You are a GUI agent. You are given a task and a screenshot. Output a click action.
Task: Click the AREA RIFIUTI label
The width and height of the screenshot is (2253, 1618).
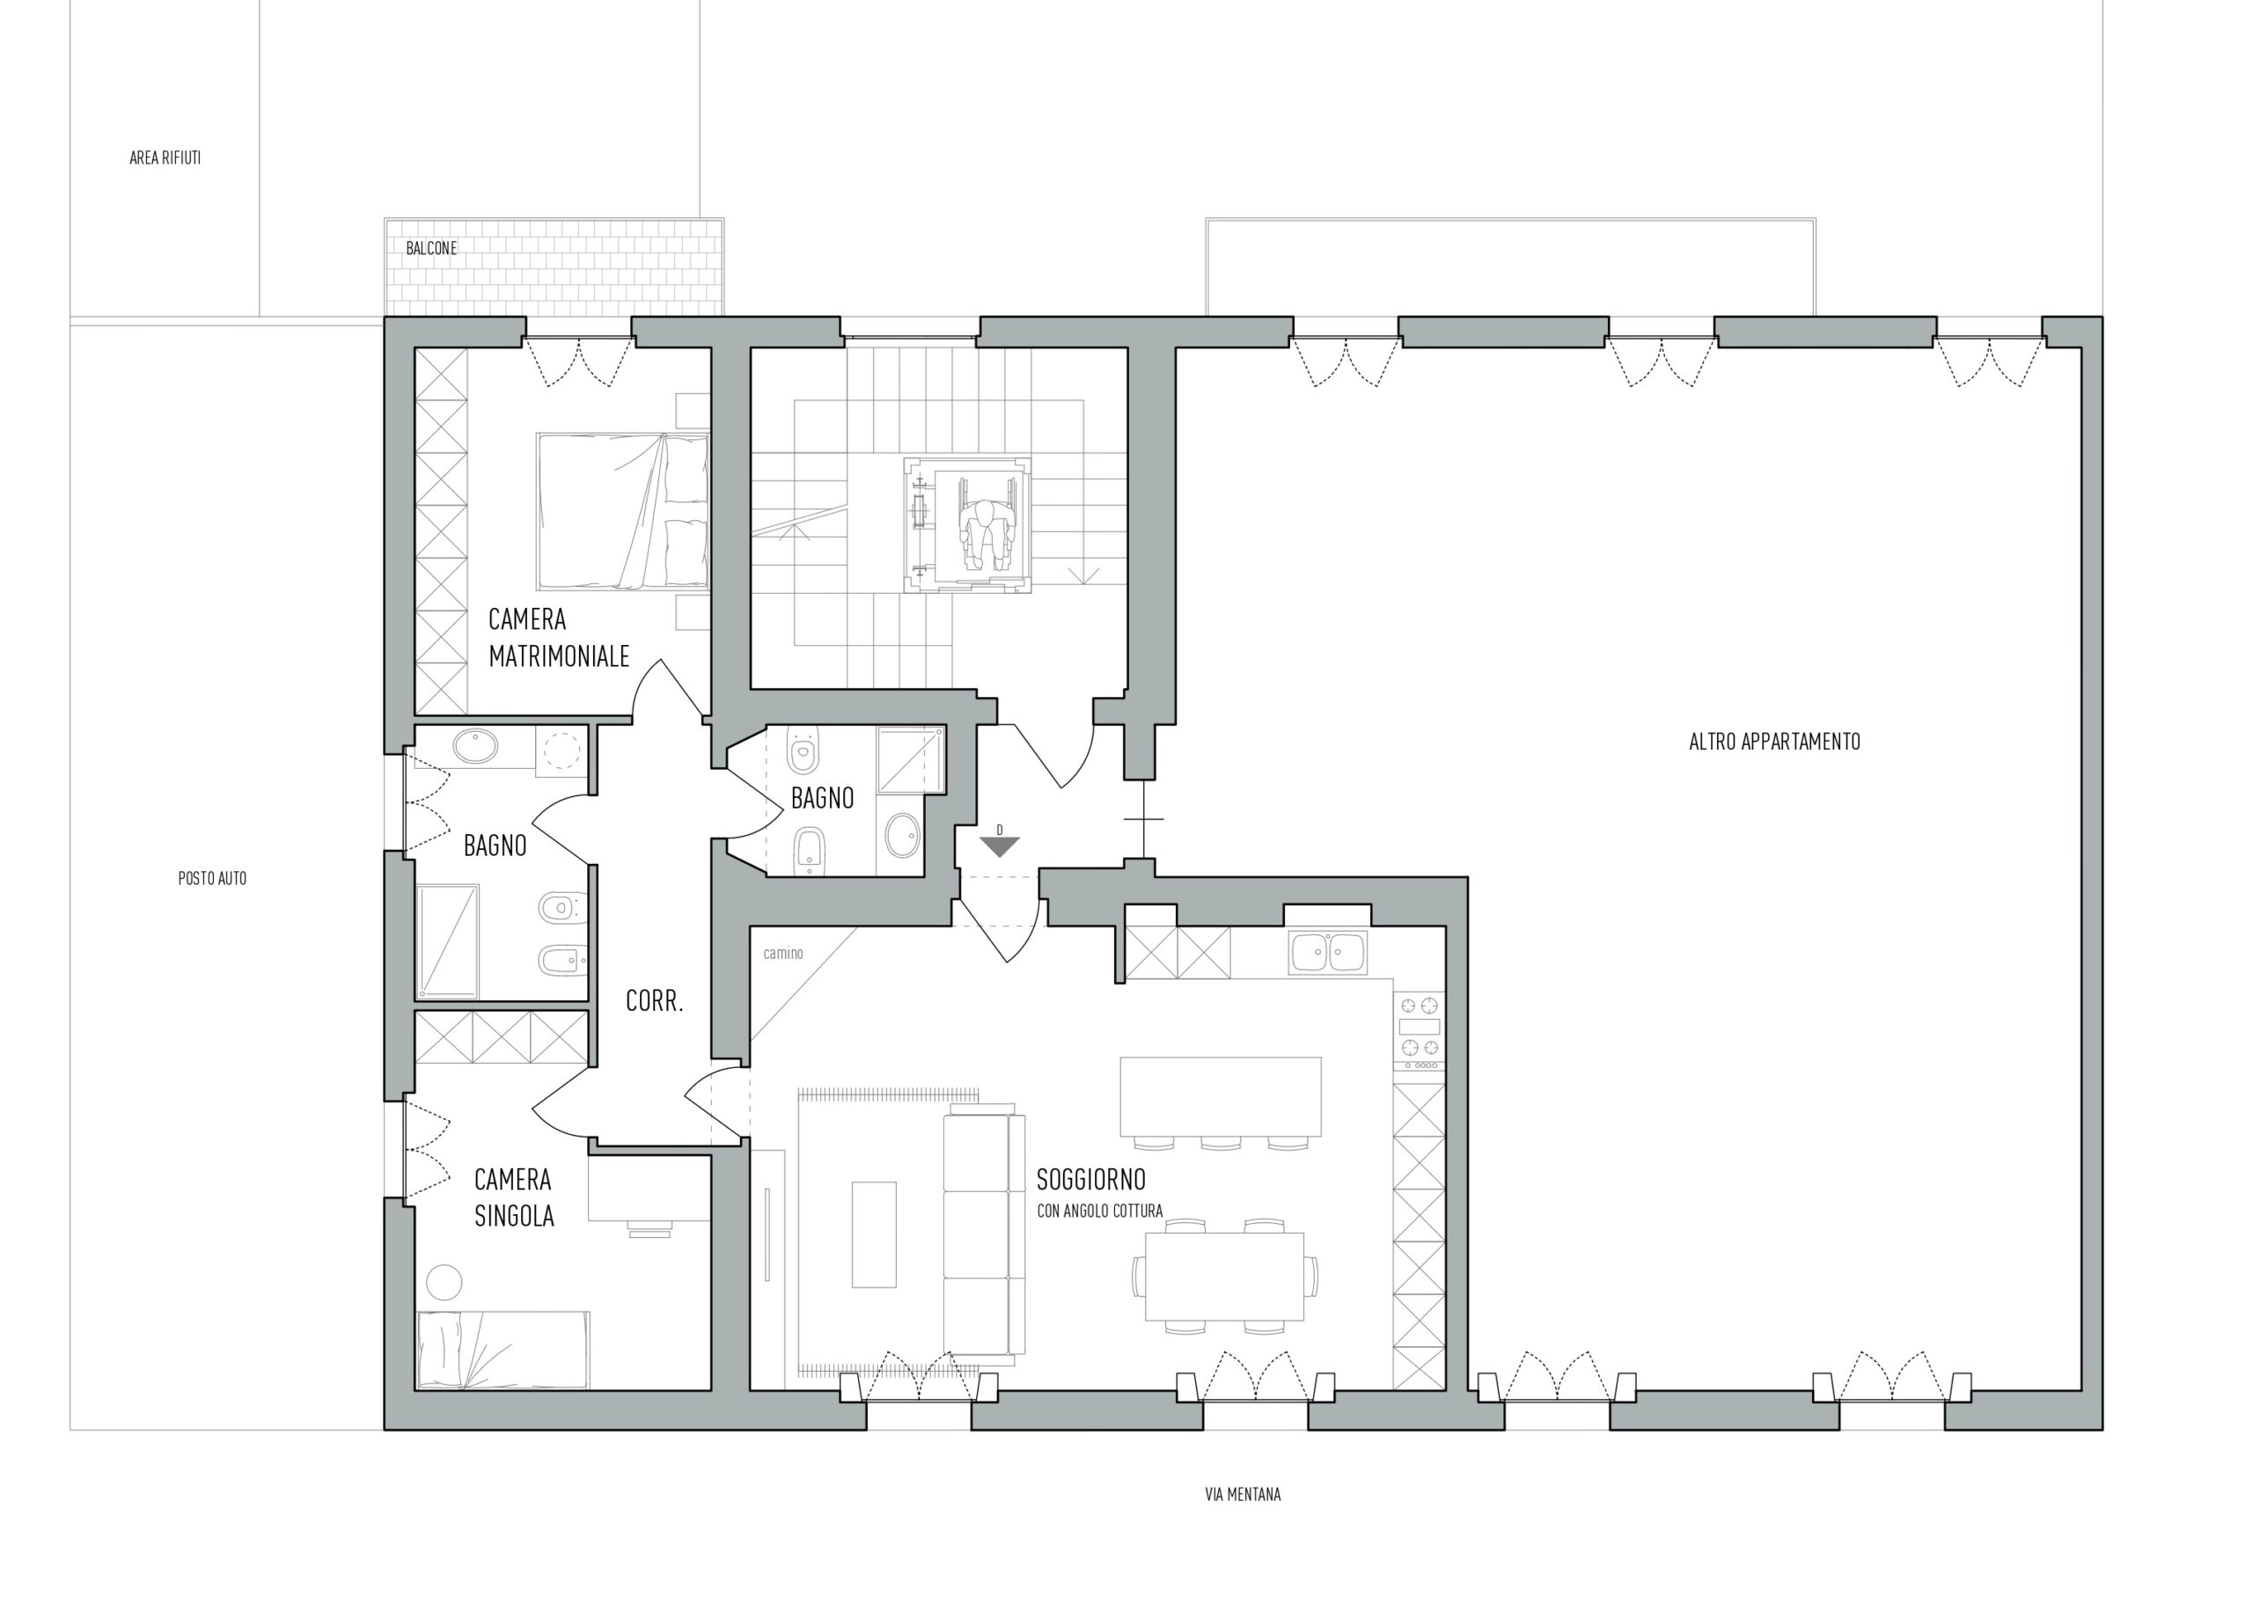(165, 157)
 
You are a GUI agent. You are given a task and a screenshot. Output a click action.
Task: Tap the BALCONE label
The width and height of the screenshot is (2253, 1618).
(431, 248)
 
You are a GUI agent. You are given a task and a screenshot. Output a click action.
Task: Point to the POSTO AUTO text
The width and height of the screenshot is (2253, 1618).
(213, 878)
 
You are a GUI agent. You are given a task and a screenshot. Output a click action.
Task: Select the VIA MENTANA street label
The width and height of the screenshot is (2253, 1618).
(1243, 1494)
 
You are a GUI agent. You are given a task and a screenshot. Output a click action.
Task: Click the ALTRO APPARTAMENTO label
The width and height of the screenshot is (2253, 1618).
(1774, 741)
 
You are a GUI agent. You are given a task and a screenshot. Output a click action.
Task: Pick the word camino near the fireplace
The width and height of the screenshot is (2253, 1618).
(782, 954)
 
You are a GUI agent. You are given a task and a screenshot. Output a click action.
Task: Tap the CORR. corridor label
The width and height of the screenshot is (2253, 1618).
(655, 1001)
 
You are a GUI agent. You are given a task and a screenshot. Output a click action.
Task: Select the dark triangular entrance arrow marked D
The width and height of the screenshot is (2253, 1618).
(1000, 846)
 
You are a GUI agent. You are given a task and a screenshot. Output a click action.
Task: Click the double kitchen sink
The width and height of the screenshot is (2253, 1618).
(1328, 953)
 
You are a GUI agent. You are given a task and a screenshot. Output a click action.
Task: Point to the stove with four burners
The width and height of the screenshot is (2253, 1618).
(1420, 1030)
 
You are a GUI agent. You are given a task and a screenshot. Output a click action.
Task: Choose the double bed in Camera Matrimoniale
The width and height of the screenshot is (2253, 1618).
(622, 511)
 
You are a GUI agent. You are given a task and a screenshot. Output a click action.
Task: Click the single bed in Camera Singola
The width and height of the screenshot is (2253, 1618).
(503, 1349)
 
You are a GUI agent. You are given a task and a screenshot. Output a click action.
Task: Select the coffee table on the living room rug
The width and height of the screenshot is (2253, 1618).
(874, 1234)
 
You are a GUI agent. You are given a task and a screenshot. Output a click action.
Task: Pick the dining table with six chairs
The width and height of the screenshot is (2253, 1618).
(1224, 1277)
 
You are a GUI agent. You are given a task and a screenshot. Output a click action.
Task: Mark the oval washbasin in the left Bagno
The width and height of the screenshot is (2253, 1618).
(479, 747)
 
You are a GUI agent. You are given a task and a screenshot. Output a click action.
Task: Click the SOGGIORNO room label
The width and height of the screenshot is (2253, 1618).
(1090, 1179)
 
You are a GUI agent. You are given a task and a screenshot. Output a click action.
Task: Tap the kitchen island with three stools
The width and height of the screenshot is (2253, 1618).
(1221, 1102)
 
